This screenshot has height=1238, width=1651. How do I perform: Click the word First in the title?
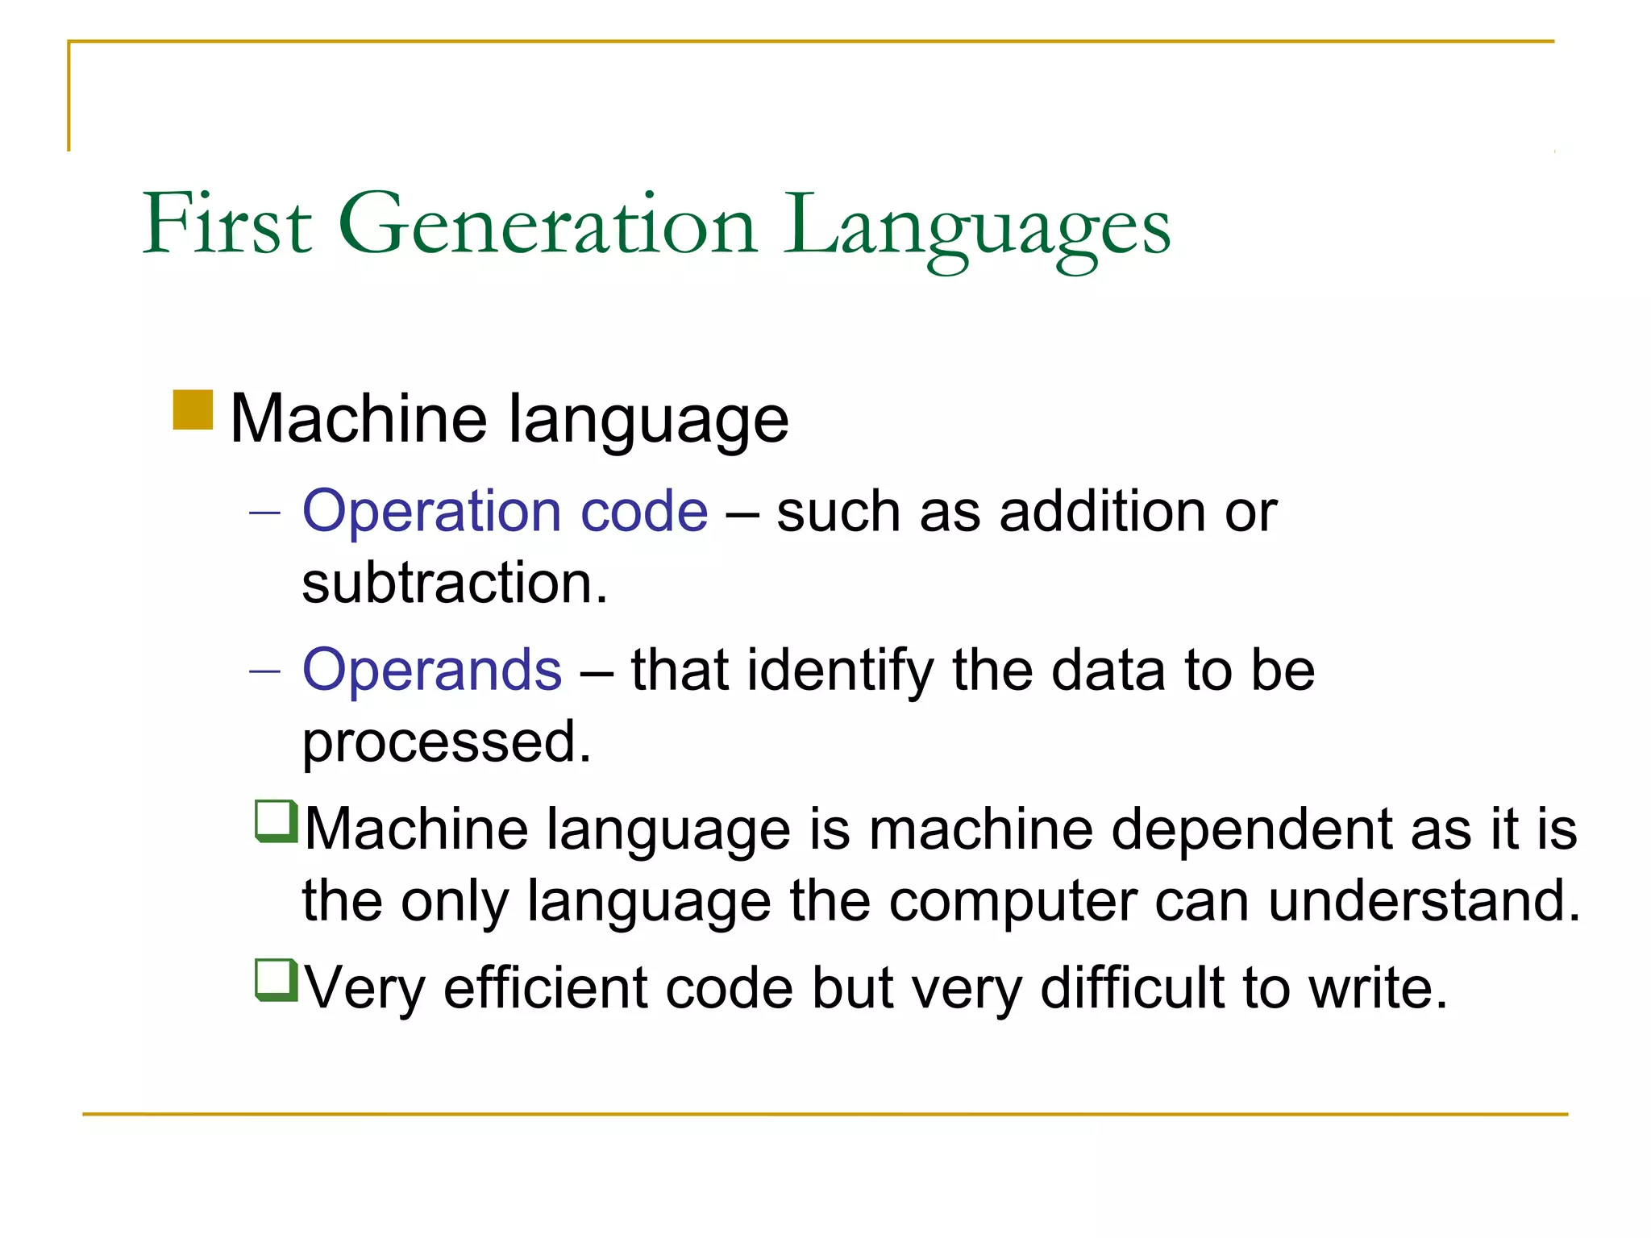pyautogui.click(x=227, y=224)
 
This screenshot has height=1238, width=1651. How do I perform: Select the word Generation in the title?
pyautogui.click(x=547, y=224)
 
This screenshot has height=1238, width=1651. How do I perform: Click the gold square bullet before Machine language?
pyautogui.click(x=193, y=410)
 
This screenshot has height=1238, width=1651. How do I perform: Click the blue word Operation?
pyautogui.click(x=431, y=512)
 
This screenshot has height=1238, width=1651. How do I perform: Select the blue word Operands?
pyautogui.click(x=431, y=671)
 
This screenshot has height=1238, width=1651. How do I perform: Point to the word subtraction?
pyautogui.click(x=454, y=583)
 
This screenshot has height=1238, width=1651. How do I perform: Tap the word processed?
pyautogui.click(x=446, y=742)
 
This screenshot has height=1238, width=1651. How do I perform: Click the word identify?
pyautogui.click(x=839, y=671)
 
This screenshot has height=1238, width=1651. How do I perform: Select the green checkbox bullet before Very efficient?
pyautogui.click(x=277, y=980)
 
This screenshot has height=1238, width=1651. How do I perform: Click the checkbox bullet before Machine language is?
pyautogui.click(x=277, y=821)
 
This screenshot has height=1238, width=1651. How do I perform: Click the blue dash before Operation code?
pyautogui.click(x=264, y=513)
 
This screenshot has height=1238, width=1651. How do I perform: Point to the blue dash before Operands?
pyautogui.click(x=264, y=671)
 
